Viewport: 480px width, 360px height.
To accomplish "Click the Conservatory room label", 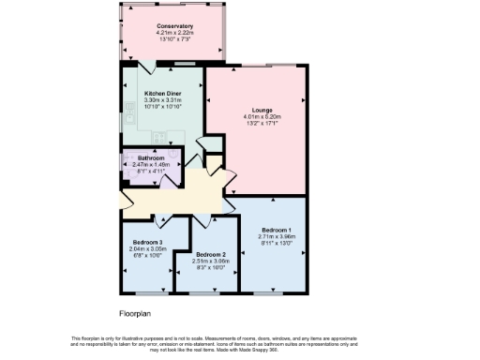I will tap(174, 26).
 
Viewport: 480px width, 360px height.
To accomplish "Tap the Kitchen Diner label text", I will tap(162, 94).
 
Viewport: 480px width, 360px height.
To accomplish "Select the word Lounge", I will tap(262, 110).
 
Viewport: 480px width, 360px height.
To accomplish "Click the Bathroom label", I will tap(151, 157).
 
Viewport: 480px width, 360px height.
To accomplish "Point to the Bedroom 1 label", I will tap(276, 230).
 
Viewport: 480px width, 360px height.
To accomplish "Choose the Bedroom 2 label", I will tap(211, 254).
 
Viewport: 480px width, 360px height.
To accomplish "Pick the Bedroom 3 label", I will tap(147, 243).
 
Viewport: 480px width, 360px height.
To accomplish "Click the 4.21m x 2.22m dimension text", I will tap(174, 33).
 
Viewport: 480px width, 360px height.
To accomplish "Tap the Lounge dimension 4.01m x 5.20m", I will tap(262, 116).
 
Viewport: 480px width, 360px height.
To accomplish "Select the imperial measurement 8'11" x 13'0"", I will tap(276, 244).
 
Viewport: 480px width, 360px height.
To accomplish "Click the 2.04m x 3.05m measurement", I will tap(147, 249).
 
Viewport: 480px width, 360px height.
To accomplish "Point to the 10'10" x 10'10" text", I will tap(162, 107).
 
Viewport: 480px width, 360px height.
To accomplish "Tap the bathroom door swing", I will tap(166, 180).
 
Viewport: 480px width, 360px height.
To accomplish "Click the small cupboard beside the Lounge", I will tap(213, 142).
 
